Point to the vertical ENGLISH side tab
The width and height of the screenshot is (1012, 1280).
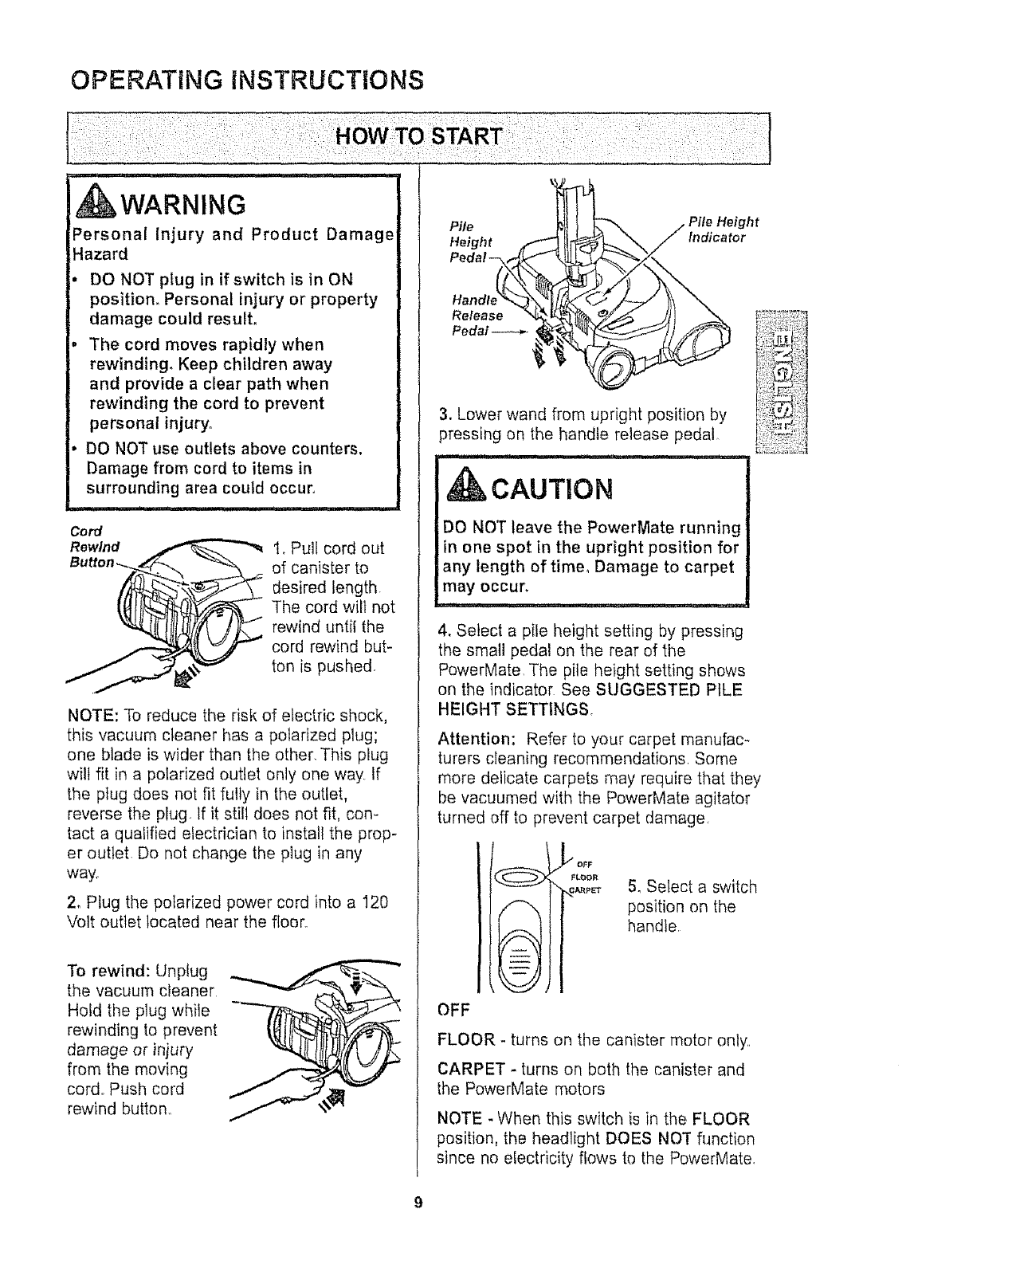[783, 383]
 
